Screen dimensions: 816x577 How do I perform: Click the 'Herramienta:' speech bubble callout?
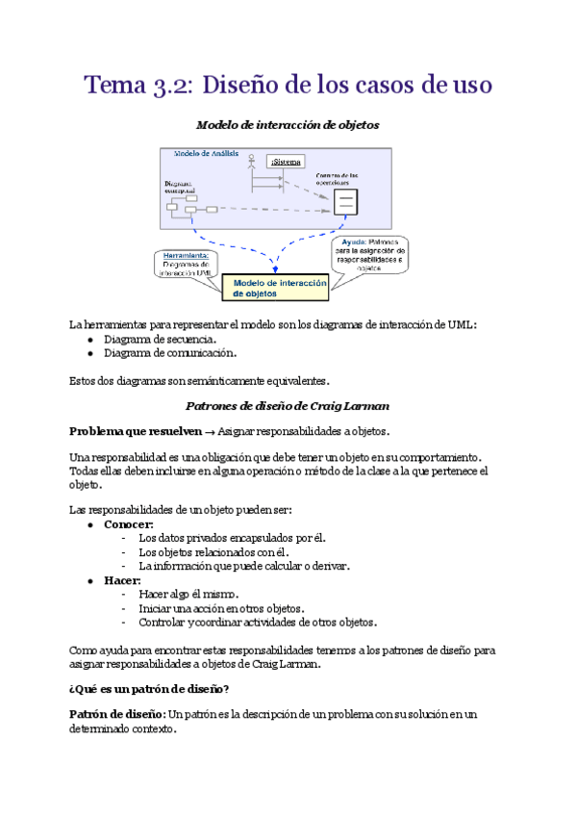[187, 264]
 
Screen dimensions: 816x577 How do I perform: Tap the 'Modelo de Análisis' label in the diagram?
[207, 154]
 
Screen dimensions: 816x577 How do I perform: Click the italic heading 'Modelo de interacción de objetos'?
[288, 125]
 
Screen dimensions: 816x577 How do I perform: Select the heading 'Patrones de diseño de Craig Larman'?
[288, 406]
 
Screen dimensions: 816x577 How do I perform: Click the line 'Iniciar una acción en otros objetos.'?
[221, 608]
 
